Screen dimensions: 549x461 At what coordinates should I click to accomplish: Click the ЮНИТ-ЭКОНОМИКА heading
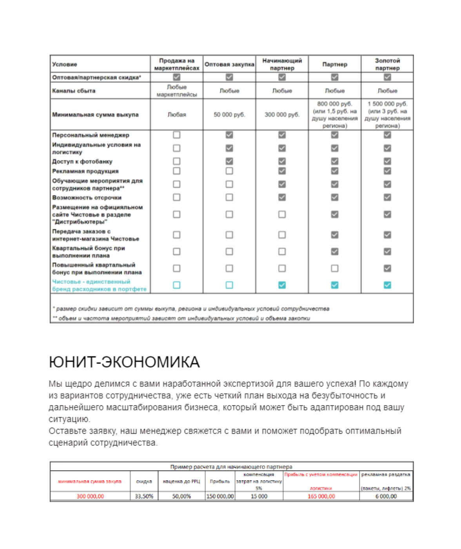(x=124, y=362)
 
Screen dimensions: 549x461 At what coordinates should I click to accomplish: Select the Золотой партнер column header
(x=387, y=64)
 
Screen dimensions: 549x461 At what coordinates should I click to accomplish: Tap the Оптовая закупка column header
(x=229, y=64)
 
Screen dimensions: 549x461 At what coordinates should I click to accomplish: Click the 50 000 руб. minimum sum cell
(x=229, y=115)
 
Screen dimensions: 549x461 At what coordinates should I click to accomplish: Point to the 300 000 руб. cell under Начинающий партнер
(x=282, y=115)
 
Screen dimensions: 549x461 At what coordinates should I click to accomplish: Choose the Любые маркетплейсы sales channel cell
(x=177, y=91)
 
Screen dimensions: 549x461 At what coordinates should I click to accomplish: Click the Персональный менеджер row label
(x=91, y=135)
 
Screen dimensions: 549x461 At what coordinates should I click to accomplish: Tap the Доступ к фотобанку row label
(x=82, y=161)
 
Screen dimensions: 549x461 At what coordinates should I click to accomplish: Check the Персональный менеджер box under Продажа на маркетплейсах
(x=177, y=135)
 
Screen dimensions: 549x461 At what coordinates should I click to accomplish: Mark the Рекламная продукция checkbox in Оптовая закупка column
(x=229, y=171)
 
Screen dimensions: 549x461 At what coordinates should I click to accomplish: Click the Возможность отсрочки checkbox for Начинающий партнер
(x=282, y=197)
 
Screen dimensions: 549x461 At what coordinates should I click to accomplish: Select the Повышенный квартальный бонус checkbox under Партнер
(x=334, y=268)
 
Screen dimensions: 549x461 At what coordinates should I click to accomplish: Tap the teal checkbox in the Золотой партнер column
(x=387, y=285)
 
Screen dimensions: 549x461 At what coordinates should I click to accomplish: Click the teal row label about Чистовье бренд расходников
(x=99, y=285)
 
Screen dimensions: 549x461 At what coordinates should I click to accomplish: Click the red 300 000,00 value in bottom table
(x=90, y=496)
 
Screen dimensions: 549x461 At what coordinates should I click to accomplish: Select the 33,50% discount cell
(x=144, y=496)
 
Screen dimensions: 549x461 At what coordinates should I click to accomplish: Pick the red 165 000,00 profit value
(x=321, y=496)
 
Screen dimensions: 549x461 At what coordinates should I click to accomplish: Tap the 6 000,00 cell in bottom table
(x=386, y=496)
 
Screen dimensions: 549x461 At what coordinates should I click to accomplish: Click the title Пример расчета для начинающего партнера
(x=231, y=467)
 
